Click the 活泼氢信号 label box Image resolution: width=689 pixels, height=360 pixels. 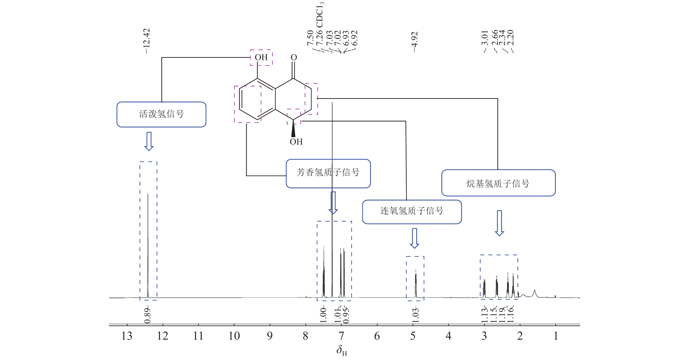(x=161, y=114)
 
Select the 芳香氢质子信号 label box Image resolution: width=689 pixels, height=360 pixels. (x=328, y=173)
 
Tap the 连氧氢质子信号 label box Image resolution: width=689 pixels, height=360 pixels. (x=412, y=211)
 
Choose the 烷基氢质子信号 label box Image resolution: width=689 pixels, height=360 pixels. (x=498, y=183)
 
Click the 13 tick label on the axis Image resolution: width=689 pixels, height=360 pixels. (x=127, y=336)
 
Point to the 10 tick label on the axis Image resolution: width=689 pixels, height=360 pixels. (x=234, y=336)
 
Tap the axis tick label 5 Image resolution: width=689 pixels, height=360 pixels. (x=413, y=336)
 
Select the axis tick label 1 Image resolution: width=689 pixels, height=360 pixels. (x=556, y=336)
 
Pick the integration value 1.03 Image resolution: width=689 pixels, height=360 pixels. (x=415, y=316)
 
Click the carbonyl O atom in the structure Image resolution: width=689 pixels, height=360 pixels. (x=294, y=58)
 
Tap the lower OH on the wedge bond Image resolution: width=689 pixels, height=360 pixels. (x=296, y=142)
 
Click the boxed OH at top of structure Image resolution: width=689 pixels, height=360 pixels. (x=261, y=57)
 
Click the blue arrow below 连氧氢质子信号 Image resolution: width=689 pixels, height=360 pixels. (x=414, y=238)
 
